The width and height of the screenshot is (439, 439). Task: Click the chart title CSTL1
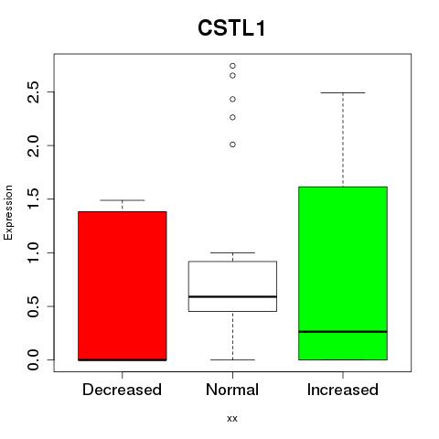point(231,28)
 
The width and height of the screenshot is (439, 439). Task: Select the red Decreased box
point(123,286)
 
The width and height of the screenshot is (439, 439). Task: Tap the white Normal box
point(232,286)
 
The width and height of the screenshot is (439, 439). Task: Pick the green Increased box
point(343,273)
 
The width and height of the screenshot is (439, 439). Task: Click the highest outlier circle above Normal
point(232,66)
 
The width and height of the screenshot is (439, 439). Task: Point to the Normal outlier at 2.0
point(232,145)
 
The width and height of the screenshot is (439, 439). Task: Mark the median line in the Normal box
point(232,296)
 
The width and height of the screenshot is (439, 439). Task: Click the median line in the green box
point(343,331)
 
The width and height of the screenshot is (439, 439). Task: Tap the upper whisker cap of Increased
point(343,92)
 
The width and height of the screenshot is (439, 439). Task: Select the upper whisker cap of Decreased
point(123,200)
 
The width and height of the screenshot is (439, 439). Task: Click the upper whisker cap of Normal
point(232,252)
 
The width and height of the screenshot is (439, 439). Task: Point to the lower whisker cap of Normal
point(232,359)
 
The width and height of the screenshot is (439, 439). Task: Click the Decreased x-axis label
point(122,390)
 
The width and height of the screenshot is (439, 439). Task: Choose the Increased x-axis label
point(343,390)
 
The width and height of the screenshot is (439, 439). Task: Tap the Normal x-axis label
point(232,390)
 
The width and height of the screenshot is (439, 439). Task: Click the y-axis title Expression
point(8,212)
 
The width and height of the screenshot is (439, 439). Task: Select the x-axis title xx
point(232,419)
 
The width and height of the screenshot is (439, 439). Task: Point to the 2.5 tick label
point(33,92)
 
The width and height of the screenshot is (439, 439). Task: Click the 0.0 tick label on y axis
point(33,359)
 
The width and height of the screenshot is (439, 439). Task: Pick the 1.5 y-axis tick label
point(33,199)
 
